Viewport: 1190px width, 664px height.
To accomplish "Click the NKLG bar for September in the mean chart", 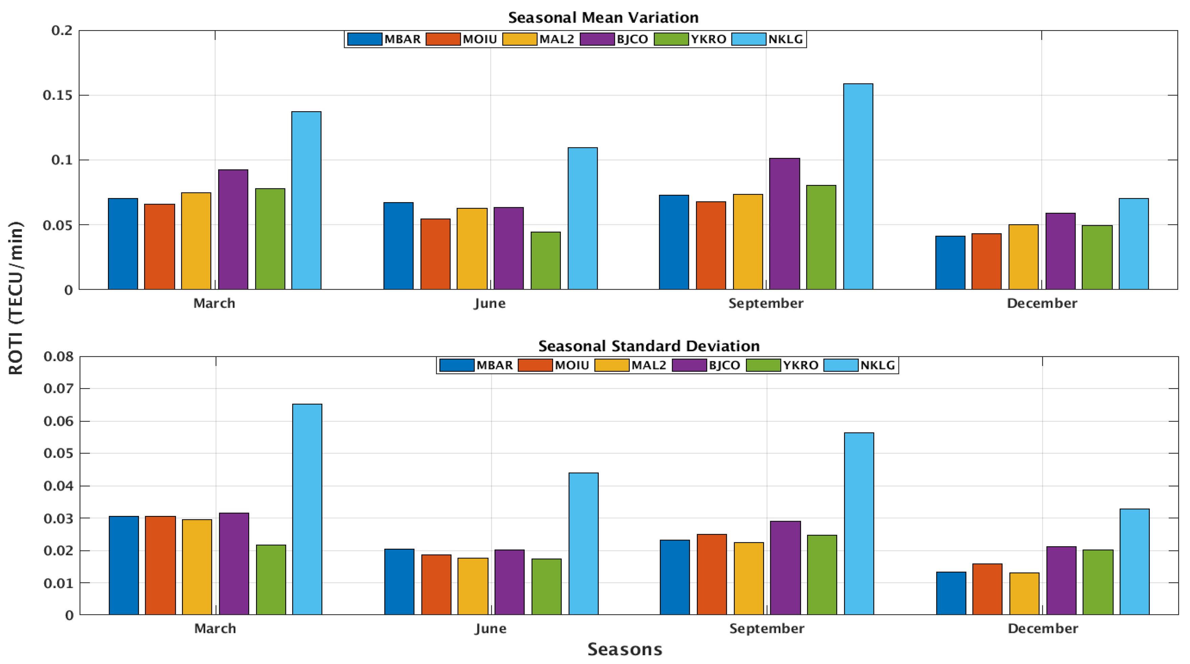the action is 858,187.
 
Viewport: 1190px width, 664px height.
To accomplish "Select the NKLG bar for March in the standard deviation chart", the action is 307,509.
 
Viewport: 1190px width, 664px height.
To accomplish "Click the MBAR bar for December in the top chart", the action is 950,263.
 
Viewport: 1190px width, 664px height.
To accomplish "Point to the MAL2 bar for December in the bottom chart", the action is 1024,594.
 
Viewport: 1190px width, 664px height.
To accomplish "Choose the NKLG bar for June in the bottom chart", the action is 583,544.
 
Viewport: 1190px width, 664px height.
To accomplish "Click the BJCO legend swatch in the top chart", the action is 597,39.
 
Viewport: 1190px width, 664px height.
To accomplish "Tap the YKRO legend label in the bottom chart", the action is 801,365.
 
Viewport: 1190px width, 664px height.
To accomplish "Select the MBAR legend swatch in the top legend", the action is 365,39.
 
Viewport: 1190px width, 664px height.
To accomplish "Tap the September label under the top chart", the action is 766,303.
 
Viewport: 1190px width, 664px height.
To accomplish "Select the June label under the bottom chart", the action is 490,629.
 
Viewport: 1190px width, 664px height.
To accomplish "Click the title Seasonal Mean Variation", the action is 603,18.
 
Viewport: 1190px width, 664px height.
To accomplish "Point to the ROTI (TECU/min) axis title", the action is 16,298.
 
